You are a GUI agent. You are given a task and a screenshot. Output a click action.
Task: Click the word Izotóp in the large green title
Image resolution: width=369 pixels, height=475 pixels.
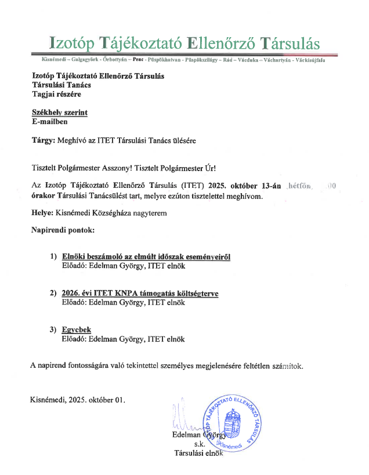73,43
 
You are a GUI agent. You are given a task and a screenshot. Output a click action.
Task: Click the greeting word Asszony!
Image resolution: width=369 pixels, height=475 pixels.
117,169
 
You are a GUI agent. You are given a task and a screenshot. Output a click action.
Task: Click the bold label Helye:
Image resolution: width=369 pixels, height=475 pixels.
43,213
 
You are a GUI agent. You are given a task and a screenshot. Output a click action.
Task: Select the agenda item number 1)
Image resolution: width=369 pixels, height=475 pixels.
53,256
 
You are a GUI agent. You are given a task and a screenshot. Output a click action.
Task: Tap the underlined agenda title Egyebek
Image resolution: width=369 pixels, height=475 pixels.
76,329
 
